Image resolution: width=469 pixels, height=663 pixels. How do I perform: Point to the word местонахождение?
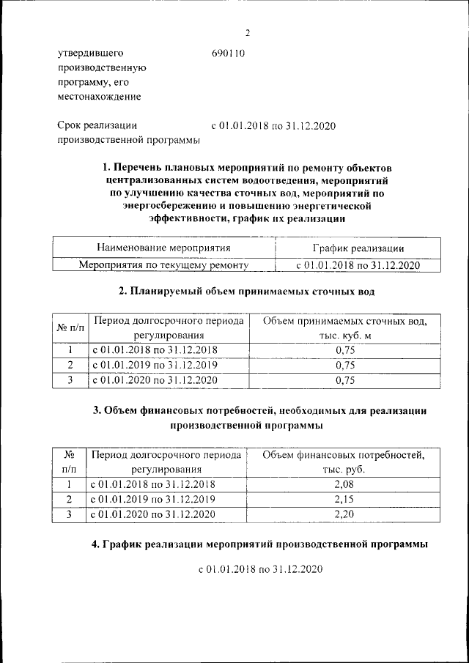click(x=99, y=96)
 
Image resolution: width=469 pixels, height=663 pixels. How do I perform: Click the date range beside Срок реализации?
click(x=273, y=126)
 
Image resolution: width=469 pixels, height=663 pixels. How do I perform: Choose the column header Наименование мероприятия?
click(x=163, y=249)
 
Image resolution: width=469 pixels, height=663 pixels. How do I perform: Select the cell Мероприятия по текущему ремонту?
click(x=163, y=265)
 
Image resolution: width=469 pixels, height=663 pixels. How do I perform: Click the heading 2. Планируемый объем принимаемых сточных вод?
click(x=247, y=292)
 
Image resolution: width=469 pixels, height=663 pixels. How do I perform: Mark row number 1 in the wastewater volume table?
click(x=70, y=350)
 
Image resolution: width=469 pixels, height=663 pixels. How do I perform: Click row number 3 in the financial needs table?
click(x=68, y=514)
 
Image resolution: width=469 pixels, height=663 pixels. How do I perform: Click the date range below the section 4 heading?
click(x=260, y=568)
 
